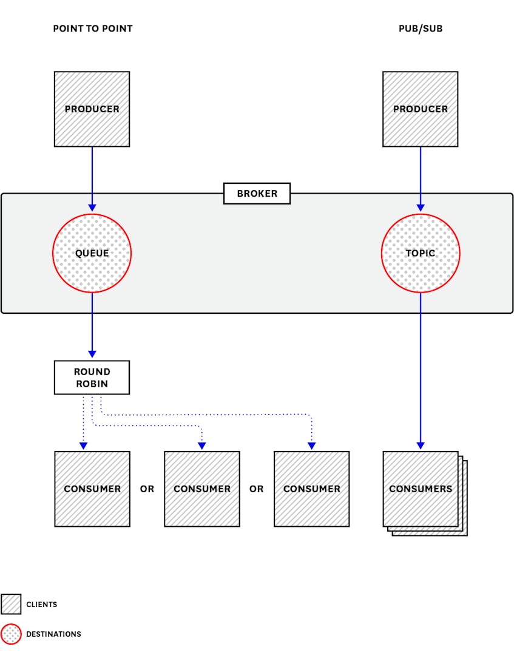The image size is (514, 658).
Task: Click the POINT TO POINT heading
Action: (92, 29)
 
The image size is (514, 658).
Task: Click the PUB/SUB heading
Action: (420, 29)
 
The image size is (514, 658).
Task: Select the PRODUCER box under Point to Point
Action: (92, 109)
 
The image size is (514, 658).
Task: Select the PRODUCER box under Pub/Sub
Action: (420, 109)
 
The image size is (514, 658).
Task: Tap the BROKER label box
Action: (257, 194)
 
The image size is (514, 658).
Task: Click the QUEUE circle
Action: (92, 253)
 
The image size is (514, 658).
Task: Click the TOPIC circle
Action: (420, 253)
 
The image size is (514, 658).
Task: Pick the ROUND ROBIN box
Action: (92, 378)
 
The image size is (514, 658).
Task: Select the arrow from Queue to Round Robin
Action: (92, 325)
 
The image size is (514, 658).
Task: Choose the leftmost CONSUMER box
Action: (92, 489)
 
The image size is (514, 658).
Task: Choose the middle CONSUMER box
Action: (202, 489)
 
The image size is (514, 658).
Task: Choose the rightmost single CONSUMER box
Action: (311, 489)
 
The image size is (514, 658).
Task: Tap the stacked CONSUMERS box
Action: (421, 489)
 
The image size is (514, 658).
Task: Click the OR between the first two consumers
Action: (147, 489)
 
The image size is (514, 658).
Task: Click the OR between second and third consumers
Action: (257, 489)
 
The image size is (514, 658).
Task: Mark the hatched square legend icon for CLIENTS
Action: (11, 604)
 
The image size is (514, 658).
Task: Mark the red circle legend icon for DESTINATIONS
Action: (11, 634)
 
